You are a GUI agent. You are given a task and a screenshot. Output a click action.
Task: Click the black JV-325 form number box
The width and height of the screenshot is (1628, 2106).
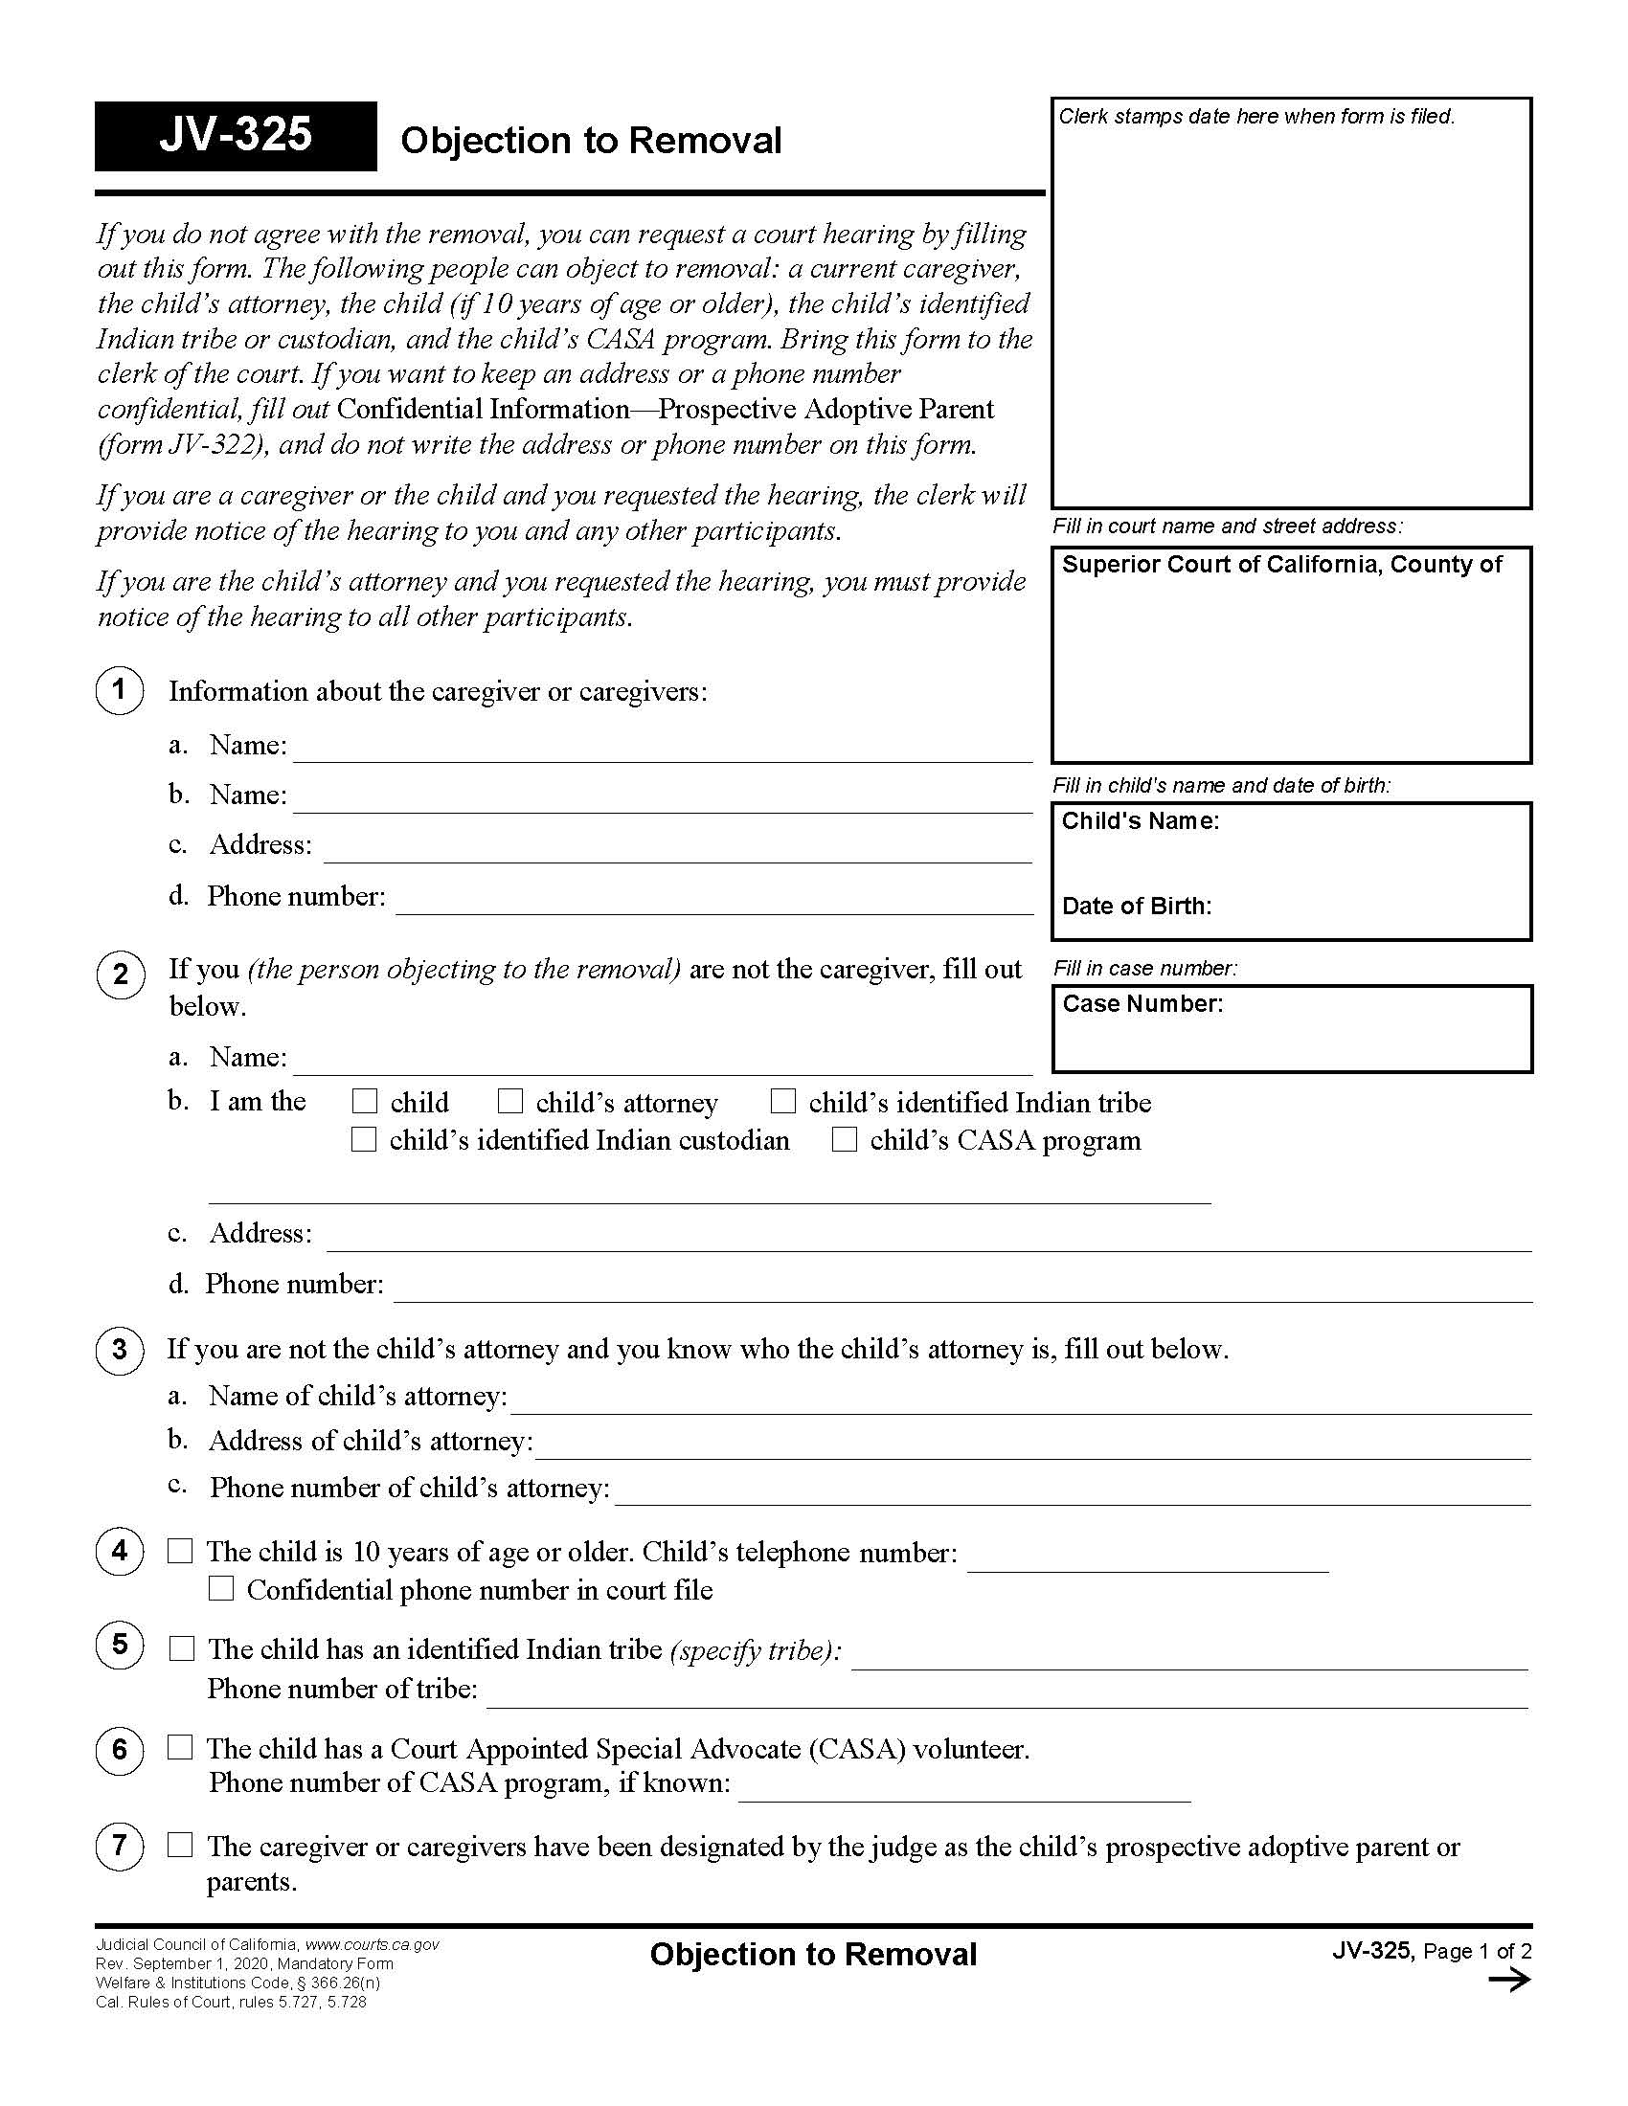(236, 136)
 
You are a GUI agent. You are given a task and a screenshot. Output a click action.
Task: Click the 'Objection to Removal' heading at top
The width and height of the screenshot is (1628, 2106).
(590, 141)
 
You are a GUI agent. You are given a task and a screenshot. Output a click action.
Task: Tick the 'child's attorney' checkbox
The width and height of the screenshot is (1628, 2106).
(510, 1101)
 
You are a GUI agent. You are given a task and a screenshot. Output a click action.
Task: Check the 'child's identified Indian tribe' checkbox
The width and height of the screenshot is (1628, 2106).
(783, 1101)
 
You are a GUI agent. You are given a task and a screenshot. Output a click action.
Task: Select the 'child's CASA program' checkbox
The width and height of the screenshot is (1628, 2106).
(844, 1140)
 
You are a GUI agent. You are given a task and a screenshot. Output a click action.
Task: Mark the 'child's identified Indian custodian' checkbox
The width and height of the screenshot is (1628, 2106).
(364, 1140)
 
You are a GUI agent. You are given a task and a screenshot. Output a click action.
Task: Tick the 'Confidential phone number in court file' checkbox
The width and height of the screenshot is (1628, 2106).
(221, 1588)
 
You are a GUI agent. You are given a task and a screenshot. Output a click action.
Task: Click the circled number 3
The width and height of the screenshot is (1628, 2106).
(120, 1349)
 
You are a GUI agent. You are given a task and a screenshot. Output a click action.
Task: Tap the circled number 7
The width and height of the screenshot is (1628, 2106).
(120, 1846)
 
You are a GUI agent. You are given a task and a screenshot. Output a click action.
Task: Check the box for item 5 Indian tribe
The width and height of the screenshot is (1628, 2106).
(181, 1648)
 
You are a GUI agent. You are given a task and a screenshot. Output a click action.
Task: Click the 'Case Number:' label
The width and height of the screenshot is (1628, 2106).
(1142, 1004)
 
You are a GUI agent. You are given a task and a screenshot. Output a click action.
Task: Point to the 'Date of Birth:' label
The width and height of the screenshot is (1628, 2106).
(1136, 907)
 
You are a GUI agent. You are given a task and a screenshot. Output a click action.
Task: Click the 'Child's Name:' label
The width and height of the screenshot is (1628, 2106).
(1140, 821)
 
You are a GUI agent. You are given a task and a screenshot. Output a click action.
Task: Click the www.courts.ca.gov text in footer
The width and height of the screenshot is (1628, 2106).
(372, 1945)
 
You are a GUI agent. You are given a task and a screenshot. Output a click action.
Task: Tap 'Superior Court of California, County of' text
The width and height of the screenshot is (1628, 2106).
(1280, 565)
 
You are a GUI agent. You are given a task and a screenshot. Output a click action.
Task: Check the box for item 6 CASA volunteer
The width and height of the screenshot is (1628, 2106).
(180, 1747)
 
